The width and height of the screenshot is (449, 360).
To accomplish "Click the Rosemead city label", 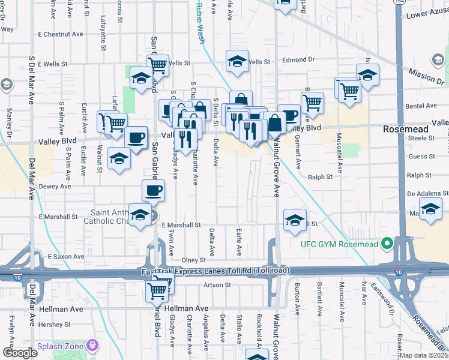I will point(406,129).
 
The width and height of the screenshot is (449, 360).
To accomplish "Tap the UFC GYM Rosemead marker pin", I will point(387,243).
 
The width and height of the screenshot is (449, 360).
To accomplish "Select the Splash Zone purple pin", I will point(92,346).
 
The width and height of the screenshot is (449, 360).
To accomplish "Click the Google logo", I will point(20,353).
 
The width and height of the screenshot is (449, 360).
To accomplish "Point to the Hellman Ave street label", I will point(61,308).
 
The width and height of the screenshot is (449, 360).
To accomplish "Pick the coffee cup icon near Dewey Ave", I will point(152,191).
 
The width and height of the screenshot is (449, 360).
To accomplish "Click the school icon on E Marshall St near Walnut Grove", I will point(295,220).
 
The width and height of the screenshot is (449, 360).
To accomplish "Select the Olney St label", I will point(194,260).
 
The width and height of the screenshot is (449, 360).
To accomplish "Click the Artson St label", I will point(217,284).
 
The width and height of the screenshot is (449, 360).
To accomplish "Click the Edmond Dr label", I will point(298,60).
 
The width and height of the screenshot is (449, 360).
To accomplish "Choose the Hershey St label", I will point(54,324).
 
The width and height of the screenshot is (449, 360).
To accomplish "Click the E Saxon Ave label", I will point(66,256).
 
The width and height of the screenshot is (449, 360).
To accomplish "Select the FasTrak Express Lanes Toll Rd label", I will point(214,271).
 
